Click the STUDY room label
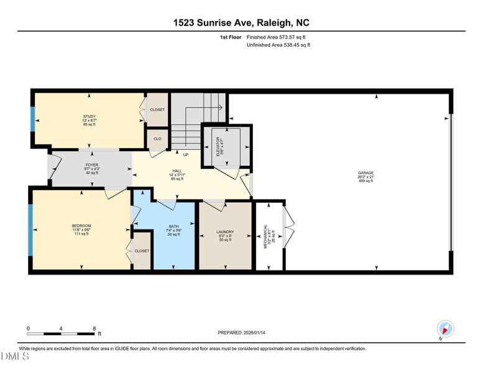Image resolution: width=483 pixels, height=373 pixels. pyautogui.click(x=90, y=116)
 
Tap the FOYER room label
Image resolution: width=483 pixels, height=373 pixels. pyautogui.click(x=92, y=165)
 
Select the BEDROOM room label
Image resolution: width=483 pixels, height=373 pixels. pyautogui.click(x=81, y=225)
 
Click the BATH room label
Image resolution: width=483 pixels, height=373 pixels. pyautogui.click(x=175, y=226)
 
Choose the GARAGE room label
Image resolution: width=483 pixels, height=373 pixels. pyautogui.click(x=366, y=172)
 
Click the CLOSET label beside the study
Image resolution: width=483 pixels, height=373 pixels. pyautogui.click(x=158, y=109)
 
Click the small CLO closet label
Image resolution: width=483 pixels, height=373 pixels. pyautogui.click(x=157, y=139)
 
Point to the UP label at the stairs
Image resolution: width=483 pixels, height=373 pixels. pyautogui.click(x=185, y=154)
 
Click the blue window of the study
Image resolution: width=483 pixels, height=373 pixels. pyautogui.click(x=32, y=118)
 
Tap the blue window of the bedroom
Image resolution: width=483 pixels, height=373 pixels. pyautogui.click(x=29, y=229)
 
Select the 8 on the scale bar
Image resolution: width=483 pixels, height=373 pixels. pyautogui.click(x=94, y=328)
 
